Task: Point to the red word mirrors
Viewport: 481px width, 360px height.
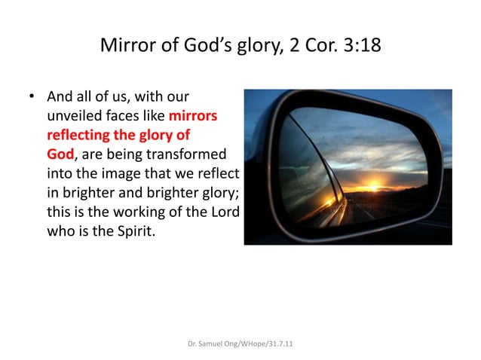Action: (x=194, y=117)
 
